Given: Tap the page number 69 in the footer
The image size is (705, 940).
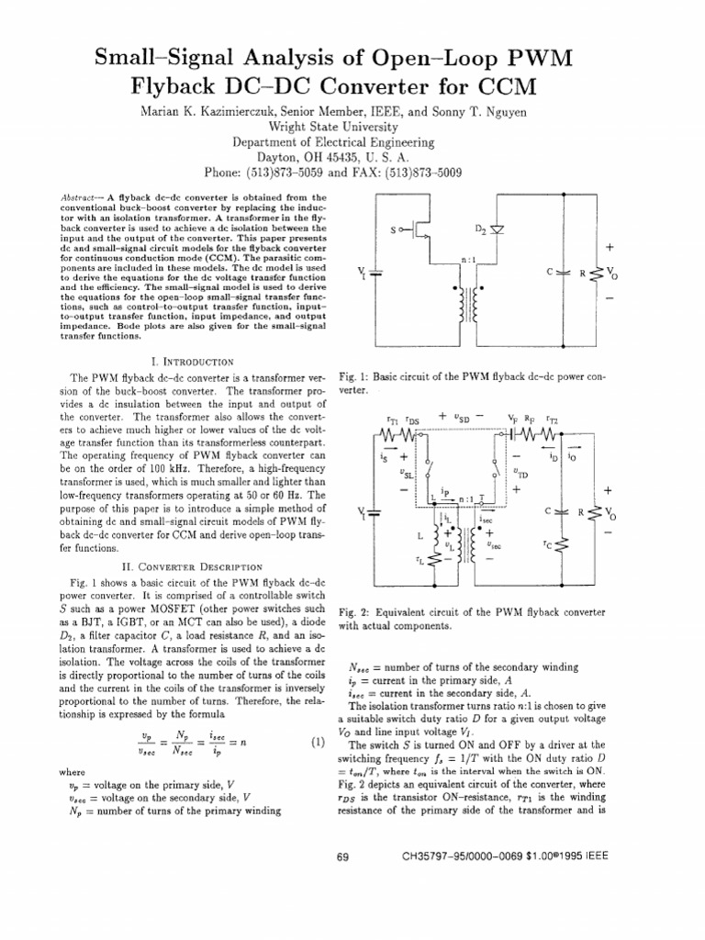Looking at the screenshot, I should [x=344, y=856].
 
